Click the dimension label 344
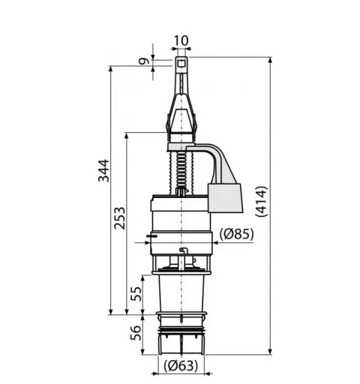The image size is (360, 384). [x=103, y=171]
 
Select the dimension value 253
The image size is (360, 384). [x=119, y=218]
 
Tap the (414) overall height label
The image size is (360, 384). [x=262, y=201]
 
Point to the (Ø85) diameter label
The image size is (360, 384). [x=236, y=234]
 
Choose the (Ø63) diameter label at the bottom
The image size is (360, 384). [x=181, y=366]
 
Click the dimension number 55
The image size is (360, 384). [x=136, y=293]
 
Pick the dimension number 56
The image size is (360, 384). [x=136, y=332]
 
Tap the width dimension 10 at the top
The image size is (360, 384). [x=181, y=40]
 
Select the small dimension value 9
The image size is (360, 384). [x=144, y=61]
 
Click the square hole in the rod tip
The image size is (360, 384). [x=181, y=64]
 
